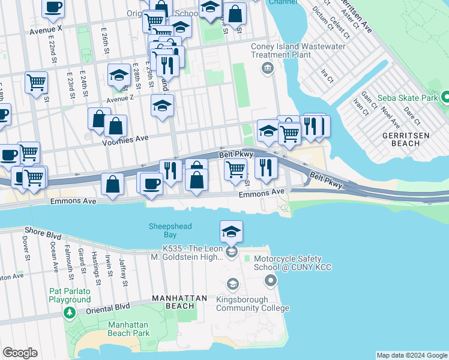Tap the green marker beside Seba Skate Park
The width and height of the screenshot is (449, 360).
coord(445,97)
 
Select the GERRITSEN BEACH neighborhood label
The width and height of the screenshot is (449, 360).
coord(406,140)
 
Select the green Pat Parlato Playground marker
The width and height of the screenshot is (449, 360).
coord(70,313)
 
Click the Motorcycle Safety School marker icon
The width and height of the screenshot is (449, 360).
coord(271,280)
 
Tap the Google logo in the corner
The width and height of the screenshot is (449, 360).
coord(20,353)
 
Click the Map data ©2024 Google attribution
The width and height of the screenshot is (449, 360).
coord(411,355)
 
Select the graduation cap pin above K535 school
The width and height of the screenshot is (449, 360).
coord(231,232)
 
